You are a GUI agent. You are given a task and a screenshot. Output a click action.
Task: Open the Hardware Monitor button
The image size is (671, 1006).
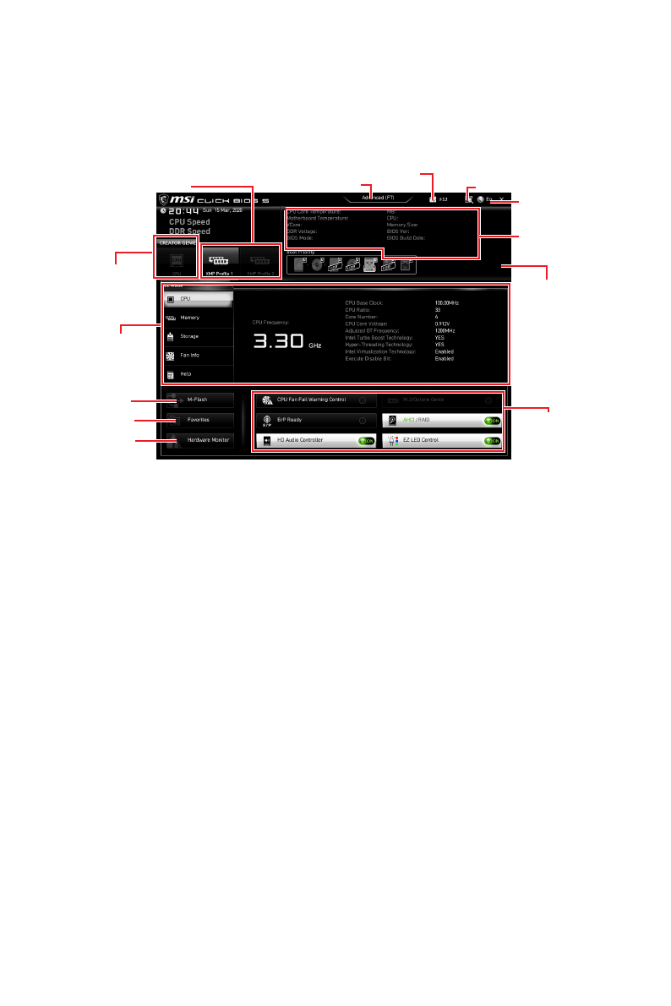click(x=204, y=440)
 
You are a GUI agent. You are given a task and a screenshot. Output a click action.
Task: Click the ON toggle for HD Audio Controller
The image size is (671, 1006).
click(x=365, y=441)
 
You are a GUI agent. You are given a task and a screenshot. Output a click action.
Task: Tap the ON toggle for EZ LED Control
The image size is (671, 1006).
click(x=491, y=441)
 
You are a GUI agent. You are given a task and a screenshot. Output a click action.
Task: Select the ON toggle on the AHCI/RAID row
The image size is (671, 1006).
click(x=491, y=420)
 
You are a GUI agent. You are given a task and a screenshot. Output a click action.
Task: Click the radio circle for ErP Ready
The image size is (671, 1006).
click(x=363, y=420)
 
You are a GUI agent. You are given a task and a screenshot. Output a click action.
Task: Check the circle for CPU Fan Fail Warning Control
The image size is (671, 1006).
click(x=363, y=400)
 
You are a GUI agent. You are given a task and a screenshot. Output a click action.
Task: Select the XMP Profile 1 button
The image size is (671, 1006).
click(x=219, y=263)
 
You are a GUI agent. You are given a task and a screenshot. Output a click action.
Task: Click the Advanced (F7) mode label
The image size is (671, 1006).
click(x=378, y=198)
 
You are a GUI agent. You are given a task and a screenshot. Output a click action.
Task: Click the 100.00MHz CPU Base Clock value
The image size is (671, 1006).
click(x=446, y=302)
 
